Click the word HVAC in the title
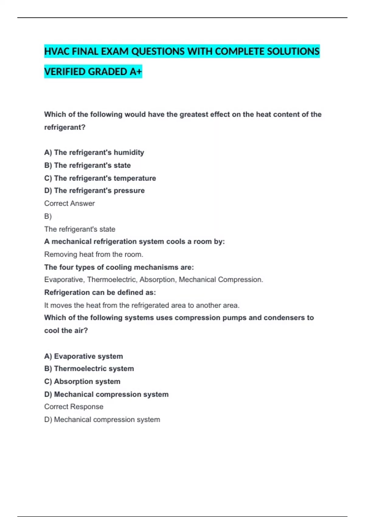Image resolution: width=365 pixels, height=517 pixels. [x=57, y=51]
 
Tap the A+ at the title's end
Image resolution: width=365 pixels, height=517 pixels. [x=135, y=72]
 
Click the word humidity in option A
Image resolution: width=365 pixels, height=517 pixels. [x=129, y=152]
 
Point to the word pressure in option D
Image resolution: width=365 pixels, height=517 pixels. [x=129, y=191]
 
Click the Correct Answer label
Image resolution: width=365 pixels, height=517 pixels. [x=69, y=203]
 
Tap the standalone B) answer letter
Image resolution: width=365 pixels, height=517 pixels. [x=48, y=216]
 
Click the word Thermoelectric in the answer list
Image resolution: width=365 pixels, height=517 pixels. [x=112, y=279]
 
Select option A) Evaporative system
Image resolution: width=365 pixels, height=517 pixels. [x=84, y=356]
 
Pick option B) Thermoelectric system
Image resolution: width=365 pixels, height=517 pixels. [x=89, y=369]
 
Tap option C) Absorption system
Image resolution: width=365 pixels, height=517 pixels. [x=82, y=381]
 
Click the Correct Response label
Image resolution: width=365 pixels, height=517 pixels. [x=74, y=407]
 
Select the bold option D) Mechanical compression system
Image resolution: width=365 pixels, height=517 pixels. [x=106, y=394]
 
